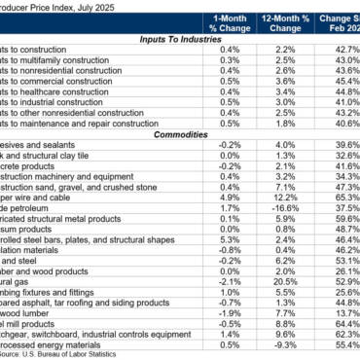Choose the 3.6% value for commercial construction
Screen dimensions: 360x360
(x=283, y=82)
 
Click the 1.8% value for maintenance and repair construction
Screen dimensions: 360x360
(x=283, y=123)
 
